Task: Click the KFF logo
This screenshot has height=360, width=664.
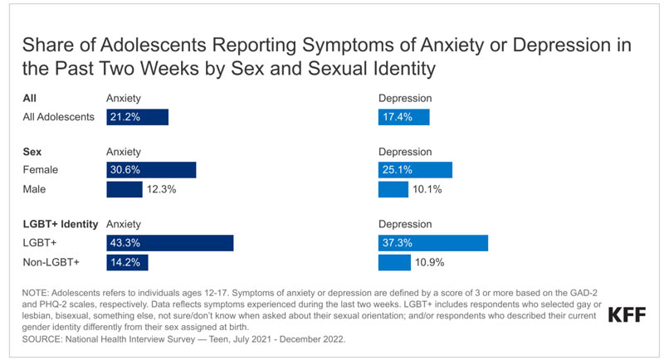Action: pyautogui.click(x=627, y=314)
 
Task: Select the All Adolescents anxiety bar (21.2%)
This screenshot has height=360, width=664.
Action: pyautogui.click(x=137, y=117)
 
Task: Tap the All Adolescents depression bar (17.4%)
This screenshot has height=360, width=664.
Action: pyautogui.click(x=403, y=117)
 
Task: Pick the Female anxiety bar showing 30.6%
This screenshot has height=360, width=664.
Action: pyautogui.click(x=151, y=170)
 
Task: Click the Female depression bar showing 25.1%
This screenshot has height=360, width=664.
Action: pyautogui.click(x=415, y=170)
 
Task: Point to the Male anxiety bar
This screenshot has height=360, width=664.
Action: pyautogui.click(x=124, y=189)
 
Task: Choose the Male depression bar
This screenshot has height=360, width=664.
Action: pyautogui.click(x=393, y=189)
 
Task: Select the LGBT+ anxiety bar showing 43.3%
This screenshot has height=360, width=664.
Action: pyautogui.click(x=170, y=243)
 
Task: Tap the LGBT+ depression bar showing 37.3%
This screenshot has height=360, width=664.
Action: pyautogui.click(x=433, y=243)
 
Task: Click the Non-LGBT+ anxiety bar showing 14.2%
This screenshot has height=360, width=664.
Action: pyautogui.click(x=127, y=262)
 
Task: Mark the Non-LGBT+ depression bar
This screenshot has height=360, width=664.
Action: pyautogui.click(x=394, y=262)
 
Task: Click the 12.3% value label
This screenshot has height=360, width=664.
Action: pyautogui.click(x=161, y=189)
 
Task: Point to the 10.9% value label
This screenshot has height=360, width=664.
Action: pyautogui.click(x=429, y=262)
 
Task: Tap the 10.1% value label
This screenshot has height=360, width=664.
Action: pyautogui.click(x=427, y=189)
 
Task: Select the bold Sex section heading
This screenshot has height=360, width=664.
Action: pyautogui.click(x=32, y=152)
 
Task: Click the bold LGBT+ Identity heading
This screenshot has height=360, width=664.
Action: pyautogui.click(x=61, y=224)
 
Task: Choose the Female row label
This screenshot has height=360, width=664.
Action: pyautogui.click(x=40, y=170)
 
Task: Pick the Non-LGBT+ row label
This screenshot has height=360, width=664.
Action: pyautogui.click(x=51, y=262)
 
